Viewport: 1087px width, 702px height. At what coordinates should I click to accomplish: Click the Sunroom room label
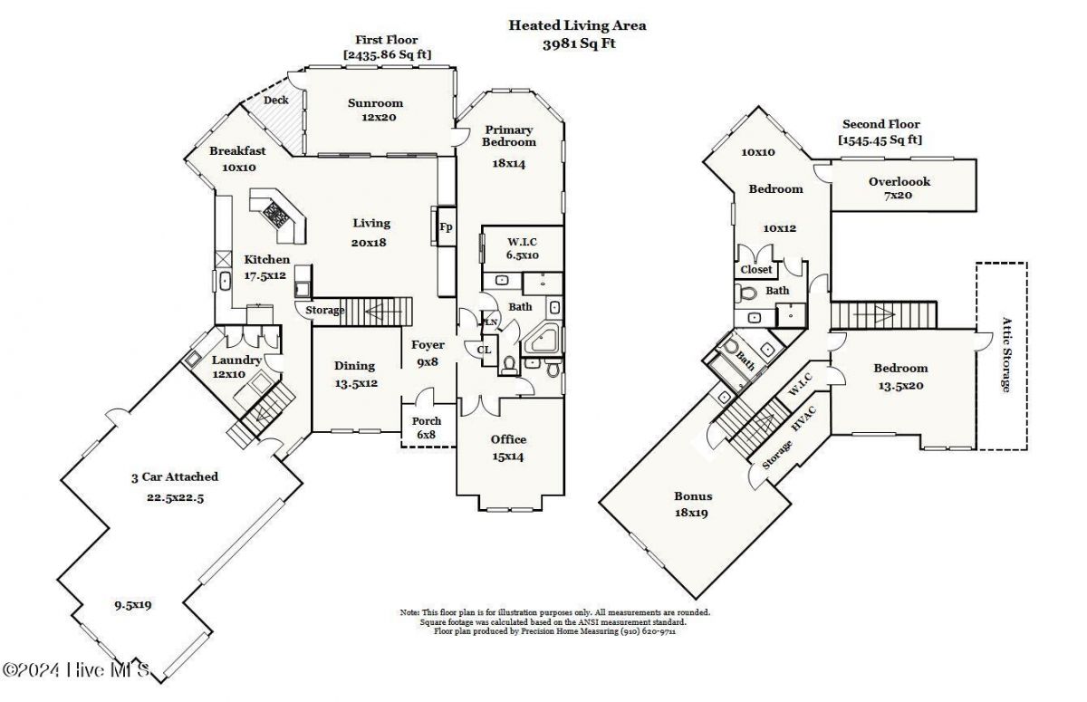[x=375, y=103]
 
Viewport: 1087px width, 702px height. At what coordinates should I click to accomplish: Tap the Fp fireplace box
[x=446, y=226]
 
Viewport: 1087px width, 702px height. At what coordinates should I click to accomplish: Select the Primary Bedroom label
[x=508, y=136]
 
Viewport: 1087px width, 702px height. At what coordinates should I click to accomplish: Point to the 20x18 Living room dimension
[x=369, y=242]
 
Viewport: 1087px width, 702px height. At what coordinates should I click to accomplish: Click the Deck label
[x=276, y=101]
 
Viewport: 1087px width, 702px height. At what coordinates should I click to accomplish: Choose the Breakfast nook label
[x=237, y=151]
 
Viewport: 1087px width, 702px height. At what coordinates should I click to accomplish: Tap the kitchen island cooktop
[x=276, y=216]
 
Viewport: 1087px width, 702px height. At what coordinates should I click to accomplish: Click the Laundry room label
[x=237, y=361]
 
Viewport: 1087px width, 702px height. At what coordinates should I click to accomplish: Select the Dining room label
[x=354, y=366]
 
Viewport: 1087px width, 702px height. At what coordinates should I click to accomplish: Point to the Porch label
[x=427, y=421]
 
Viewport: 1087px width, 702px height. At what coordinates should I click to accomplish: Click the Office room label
[x=508, y=440]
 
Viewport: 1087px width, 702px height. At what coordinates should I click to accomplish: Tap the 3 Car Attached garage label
[x=173, y=477]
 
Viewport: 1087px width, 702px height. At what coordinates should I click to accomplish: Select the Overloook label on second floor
[x=899, y=182]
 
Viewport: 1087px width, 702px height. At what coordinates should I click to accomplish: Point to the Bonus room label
[x=692, y=496]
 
